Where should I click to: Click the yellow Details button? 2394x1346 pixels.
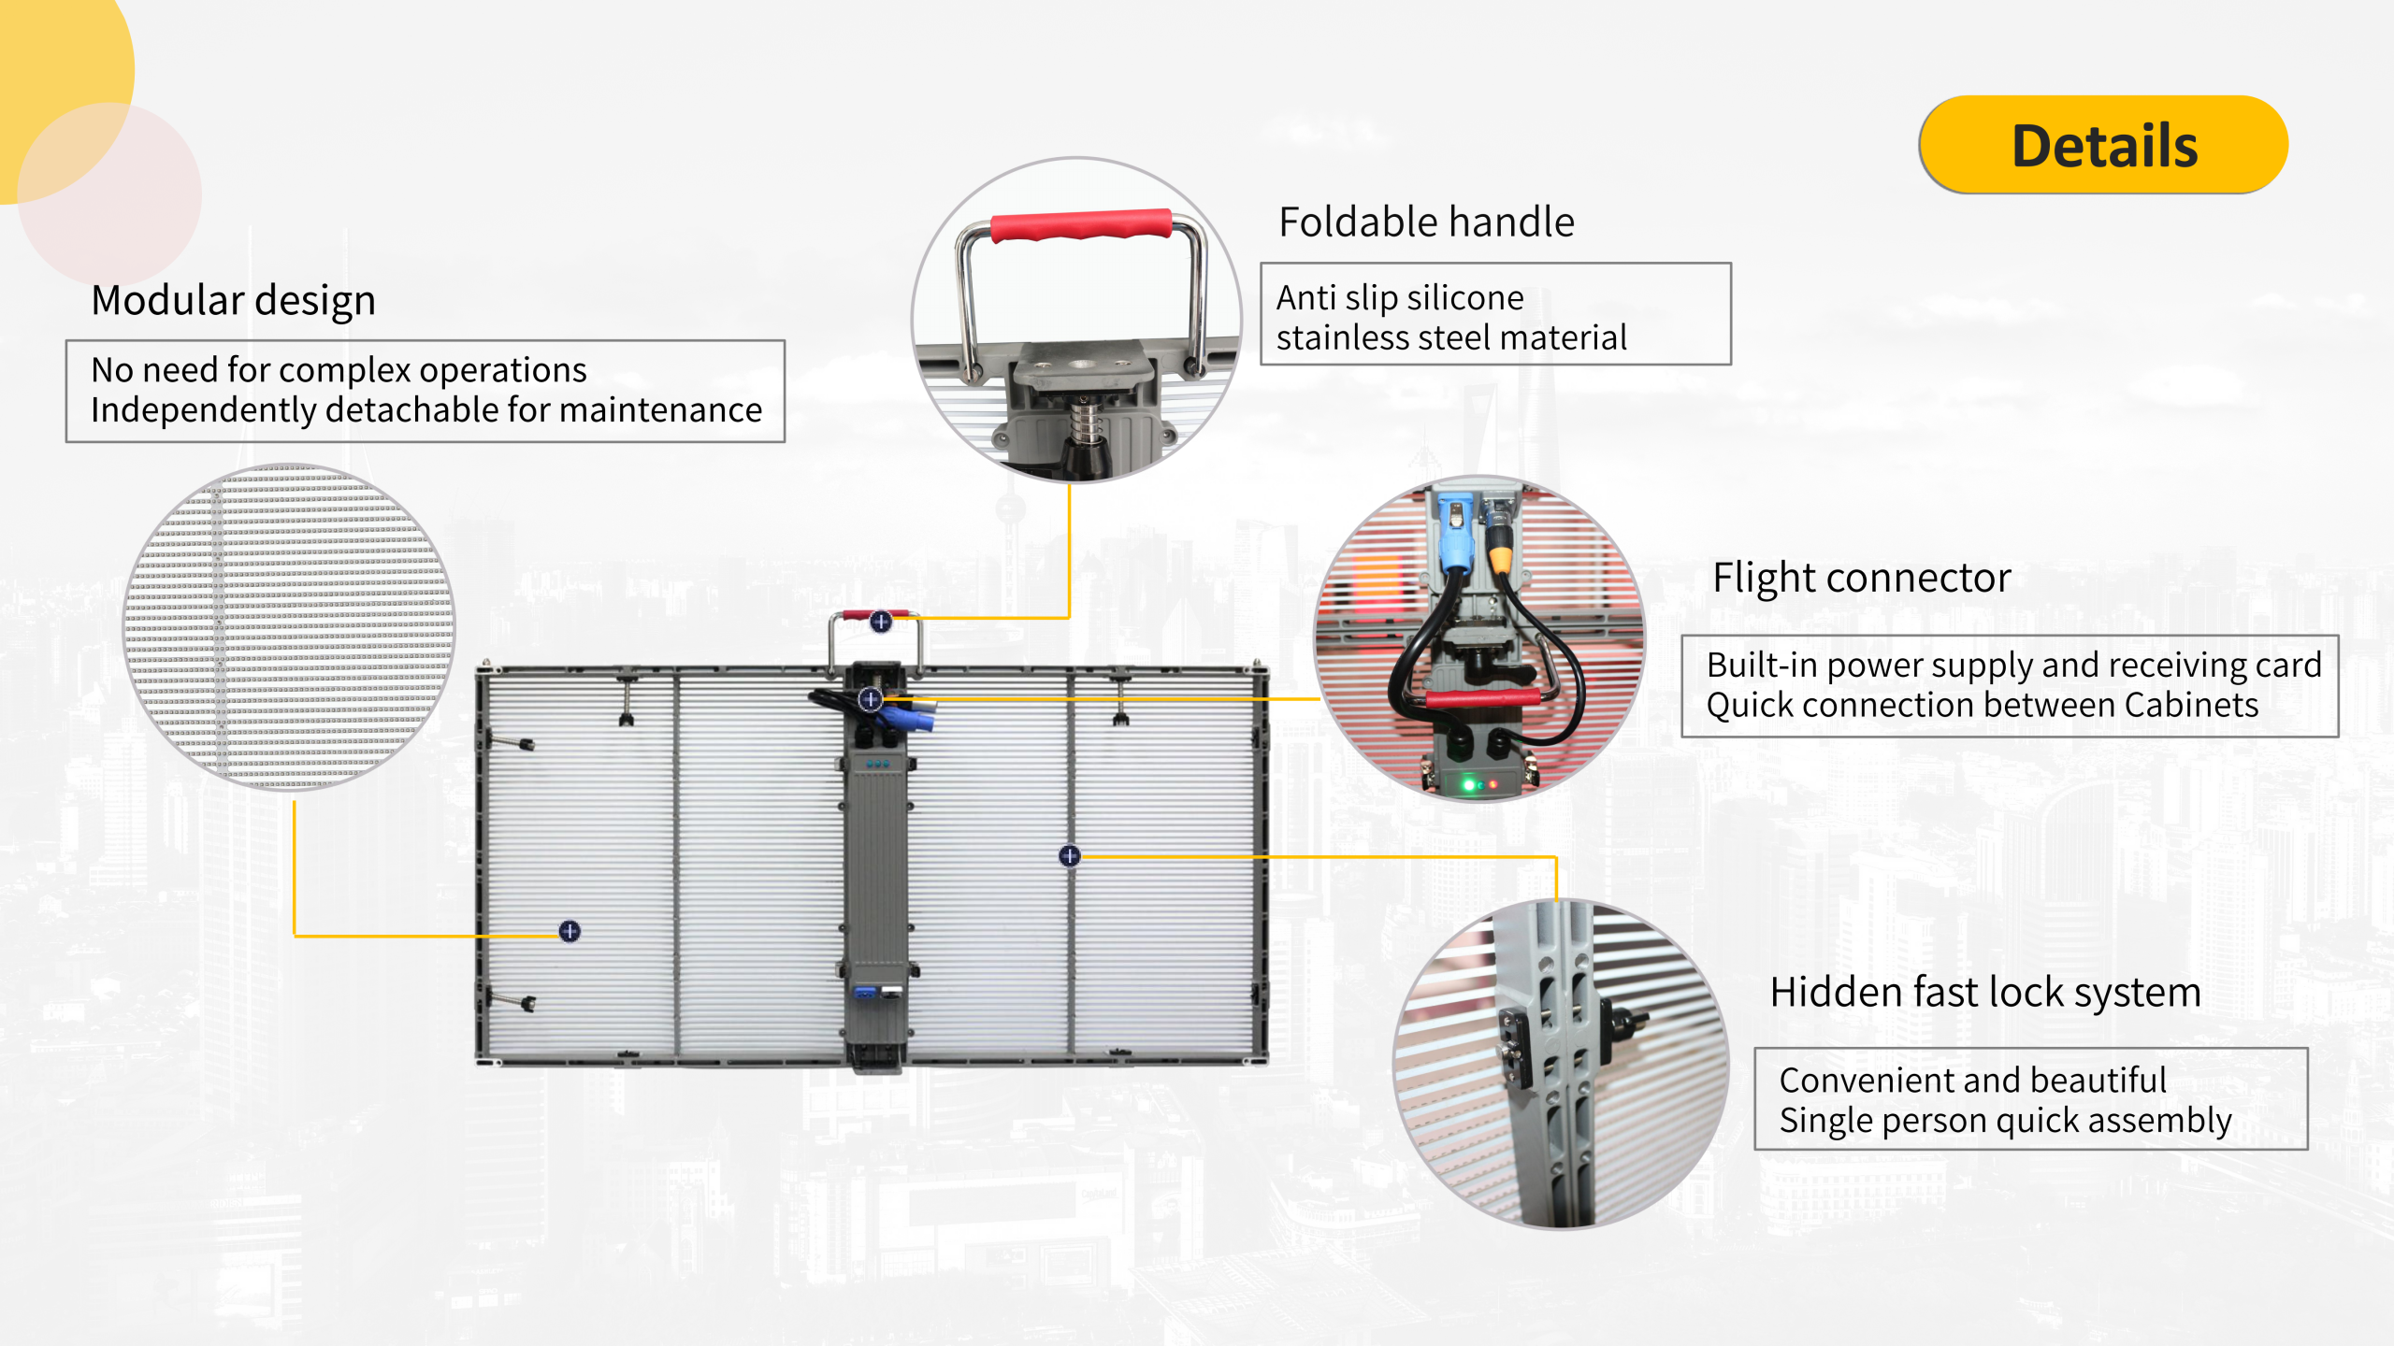point(2103,145)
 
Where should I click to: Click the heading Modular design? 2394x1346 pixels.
point(234,301)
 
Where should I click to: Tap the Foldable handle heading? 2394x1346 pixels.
point(1426,222)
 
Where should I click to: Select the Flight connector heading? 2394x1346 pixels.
point(1861,579)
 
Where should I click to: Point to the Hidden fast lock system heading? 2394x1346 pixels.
point(1984,992)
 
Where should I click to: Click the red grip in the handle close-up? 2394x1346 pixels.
point(1080,225)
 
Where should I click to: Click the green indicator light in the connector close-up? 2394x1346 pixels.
point(1468,784)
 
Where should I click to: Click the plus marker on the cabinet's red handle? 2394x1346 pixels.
point(881,622)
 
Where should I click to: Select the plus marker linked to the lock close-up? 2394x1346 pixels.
point(1070,855)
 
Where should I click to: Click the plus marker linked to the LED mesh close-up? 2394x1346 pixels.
point(570,931)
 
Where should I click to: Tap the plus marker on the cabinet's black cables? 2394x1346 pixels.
point(871,698)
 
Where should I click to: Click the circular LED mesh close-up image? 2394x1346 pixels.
point(290,626)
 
